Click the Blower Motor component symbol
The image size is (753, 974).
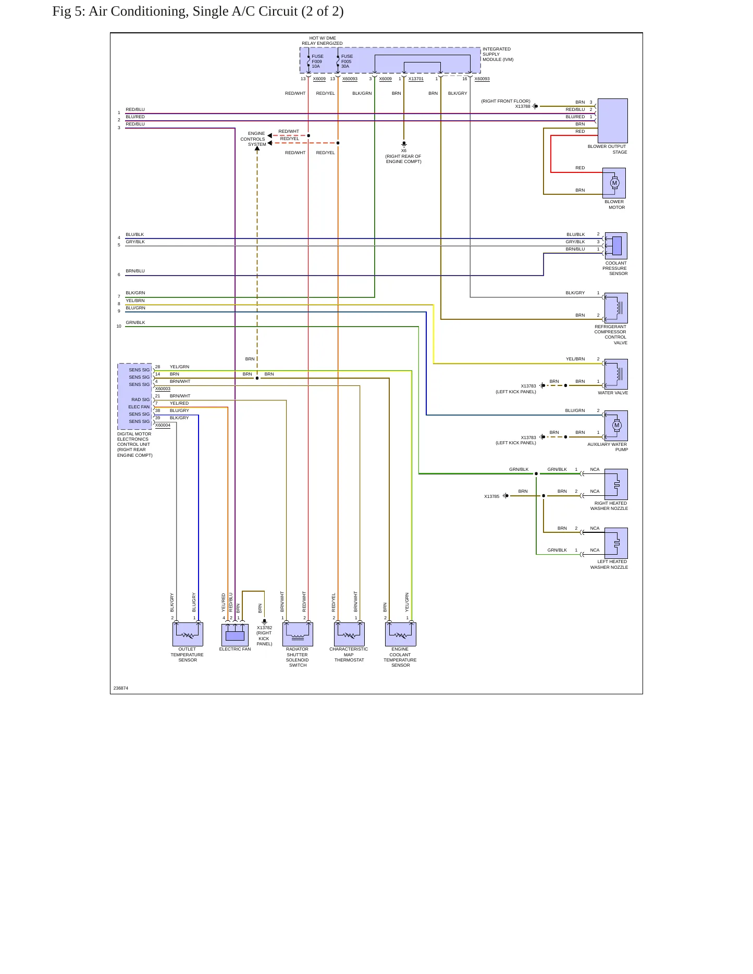coord(614,183)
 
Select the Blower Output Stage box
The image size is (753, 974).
coord(613,121)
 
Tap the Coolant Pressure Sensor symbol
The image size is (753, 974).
coord(616,246)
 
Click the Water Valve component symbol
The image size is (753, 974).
coord(616,374)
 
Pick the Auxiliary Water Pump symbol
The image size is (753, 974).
coord(616,426)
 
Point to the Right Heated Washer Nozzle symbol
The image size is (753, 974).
coord(616,484)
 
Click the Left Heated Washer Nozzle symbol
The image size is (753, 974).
coord(616,543)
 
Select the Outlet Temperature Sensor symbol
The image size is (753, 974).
coord(188,634)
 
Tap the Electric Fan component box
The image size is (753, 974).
coord(235,634)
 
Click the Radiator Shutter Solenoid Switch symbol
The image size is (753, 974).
coord(298,634)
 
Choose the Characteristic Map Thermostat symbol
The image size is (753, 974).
coord(349,634)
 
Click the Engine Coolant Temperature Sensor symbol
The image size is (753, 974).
coord(401,634)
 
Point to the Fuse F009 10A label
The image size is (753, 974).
coord(317,61)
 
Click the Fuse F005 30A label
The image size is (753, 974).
coord(347,61)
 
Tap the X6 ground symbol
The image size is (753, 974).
coord(404,144)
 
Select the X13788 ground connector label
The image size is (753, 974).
coord(523,106)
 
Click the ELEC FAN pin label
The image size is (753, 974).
coord(139,407)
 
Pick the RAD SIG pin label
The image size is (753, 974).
coord(141,399)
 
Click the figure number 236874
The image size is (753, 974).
coord(121,688)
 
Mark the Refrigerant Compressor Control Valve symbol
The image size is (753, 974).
coord(616,308)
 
